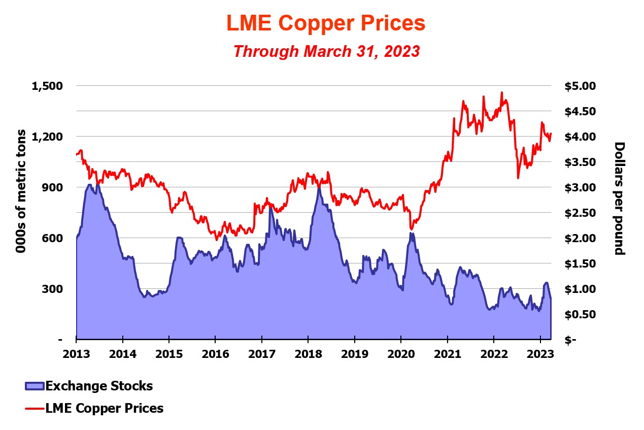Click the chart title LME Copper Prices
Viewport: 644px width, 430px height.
pyautogui.click(x=325, y=23)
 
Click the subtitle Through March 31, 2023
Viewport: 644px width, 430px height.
pyautogui.click(x=326, y=51)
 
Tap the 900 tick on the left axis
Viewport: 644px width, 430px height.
pyautogui.click(x=54, y=187)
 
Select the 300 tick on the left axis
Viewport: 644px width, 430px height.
pyautogui.click(x=54, y=289)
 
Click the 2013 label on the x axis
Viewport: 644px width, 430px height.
pyautogui.click(x=76, y=353)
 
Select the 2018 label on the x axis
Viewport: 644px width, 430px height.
pyautogui.click(x=308, y=353)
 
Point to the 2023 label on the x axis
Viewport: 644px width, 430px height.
pyautogui.click(x=540, y=353)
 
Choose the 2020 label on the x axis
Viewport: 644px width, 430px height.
pyautogui.click(x=401, y=353)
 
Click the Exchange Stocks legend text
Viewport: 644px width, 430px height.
pyautogui.click(x=99, y=386)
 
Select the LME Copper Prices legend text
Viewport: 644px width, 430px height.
pyautogui.click(x=105, y=408)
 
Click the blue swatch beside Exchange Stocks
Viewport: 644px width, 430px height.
pyautogui.click(x=35, y=386)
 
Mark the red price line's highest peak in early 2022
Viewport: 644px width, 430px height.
pyautogui.click(x=501, y=93)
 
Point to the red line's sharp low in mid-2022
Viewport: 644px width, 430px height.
pyautogui.click(x=518, y=178)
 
